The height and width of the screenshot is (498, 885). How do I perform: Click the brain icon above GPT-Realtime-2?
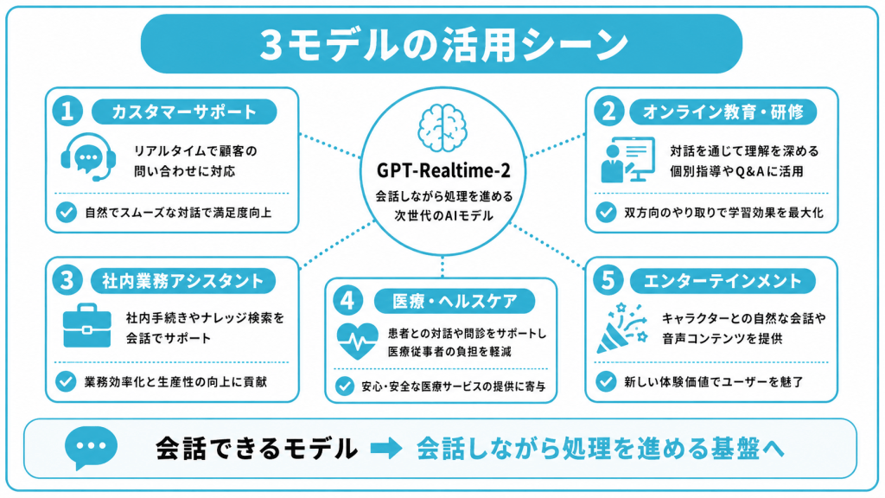pyautogui.click(x=442, y=128)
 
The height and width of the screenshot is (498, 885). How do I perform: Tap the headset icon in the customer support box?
pyautogui.click(x=88, y=157)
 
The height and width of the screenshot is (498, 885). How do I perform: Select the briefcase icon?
pyautogui.click(x=87, y=326)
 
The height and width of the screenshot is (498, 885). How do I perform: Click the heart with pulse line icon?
pyautogui.click(x=357, y=341)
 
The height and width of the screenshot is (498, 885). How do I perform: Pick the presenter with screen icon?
pyautogui.click(x=627, y=160)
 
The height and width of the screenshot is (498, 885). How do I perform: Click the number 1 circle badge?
pyautogui.click(x=67, y=111)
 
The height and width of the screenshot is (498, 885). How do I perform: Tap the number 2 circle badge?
pyautogui.click(x=608, y=111)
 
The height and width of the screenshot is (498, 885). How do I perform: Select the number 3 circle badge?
pyautogui.click(x=67, y=280)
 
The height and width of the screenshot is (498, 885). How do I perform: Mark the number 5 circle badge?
pyautogui.click(x=608, y=280)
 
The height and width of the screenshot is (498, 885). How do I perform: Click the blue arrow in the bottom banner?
pyautogui.click(x=386, y=449)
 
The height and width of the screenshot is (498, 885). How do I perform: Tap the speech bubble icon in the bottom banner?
pyautogui.click(x=91, y=448)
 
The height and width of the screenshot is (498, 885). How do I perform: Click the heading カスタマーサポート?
pyautogui.click(x=185, y=112)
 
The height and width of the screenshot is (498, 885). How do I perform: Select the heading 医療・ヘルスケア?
pyautogui.click(x=455, y=301)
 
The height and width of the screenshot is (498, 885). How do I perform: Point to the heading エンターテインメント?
pyautogui.click(x=723, y=281)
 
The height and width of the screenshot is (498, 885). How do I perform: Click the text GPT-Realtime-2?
pyautogui.click(x=443, y=170)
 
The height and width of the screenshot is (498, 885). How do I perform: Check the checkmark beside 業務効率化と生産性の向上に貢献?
pyautogui.click(x=66, y=381)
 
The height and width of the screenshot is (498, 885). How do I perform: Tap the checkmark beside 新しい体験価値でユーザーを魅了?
pyautogui.click(x=606, y=381)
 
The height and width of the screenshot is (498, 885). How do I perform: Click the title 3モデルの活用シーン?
pyautogui.click(x=443, y=44)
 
